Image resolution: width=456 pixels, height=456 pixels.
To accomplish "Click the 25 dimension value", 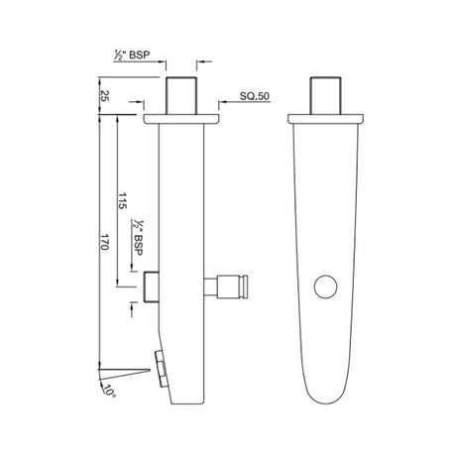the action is tap(104, 96).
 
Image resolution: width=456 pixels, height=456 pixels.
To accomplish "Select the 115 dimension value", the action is tap(122, 200).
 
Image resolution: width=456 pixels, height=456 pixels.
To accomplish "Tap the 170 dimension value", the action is tap(104, 242).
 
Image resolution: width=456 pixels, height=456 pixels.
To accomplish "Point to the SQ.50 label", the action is tap(255, 96).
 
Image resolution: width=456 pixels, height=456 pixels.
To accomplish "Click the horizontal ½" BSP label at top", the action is tap(132, 55).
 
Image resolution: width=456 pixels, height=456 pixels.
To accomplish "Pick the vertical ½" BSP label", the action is tap(138, 237).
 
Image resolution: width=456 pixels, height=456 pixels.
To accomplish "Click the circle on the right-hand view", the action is tap(325, 286).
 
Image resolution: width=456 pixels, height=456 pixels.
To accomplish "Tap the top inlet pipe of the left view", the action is tap(181, 96).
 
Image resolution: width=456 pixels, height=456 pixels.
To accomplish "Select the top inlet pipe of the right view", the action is tap(325, 96).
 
